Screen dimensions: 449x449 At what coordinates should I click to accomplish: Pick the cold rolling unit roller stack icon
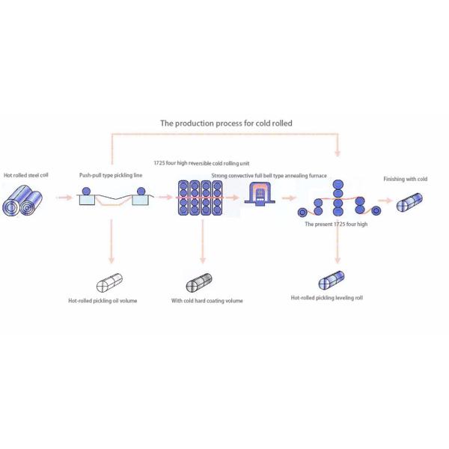tap(198, 198)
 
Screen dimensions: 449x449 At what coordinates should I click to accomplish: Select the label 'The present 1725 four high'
tap(336, 224)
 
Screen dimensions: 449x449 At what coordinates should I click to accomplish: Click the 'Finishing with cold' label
tap(405, 180)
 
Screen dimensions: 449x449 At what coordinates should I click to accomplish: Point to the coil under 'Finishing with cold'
tap(411, 202)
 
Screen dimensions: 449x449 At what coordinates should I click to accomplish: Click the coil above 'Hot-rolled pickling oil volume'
tap(111, 284)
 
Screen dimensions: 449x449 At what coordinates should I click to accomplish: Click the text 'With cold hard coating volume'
tap(207, 301)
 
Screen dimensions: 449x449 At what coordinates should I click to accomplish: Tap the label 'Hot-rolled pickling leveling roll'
tap(327, 297)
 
